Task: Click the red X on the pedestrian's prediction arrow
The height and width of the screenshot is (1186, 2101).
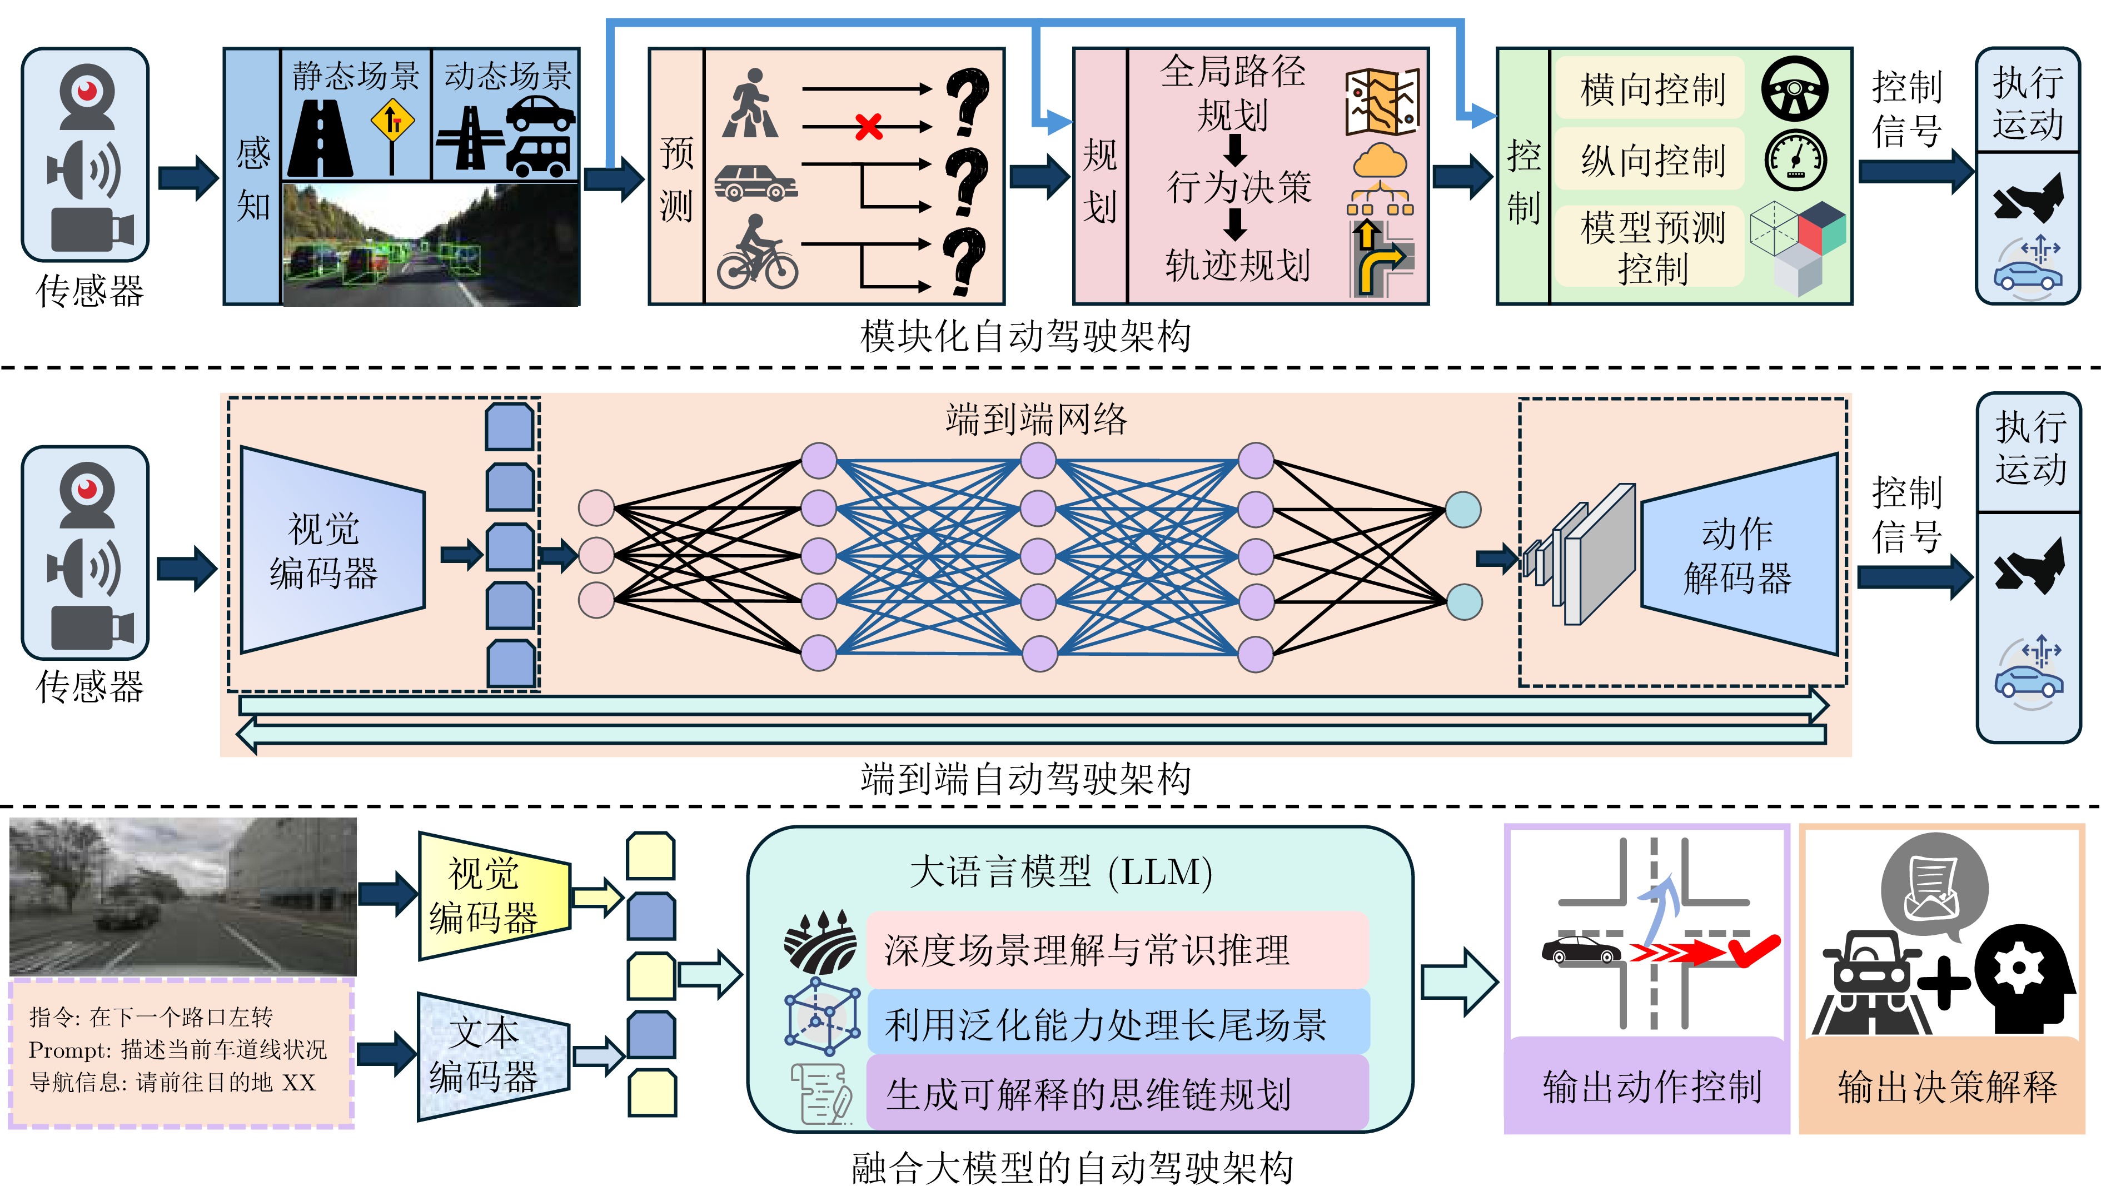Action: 869,126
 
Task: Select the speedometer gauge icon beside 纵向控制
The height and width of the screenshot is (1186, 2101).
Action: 1795,159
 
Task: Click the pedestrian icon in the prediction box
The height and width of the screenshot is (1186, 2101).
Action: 750,103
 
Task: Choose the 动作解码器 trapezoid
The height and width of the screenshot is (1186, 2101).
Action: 1739,555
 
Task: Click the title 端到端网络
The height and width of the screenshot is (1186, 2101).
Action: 1036,419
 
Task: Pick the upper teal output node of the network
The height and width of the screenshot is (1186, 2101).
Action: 1463,510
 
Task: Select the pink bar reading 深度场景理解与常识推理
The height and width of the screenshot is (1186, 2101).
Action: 1117,949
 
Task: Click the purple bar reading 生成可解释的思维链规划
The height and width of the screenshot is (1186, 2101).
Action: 1117,1093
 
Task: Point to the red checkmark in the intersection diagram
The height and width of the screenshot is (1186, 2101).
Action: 1754,949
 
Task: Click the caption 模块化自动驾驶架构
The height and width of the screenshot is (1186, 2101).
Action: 1025,336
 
